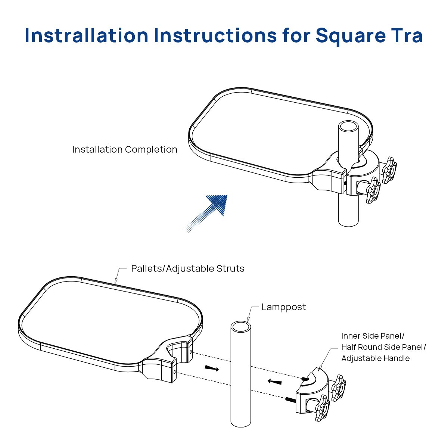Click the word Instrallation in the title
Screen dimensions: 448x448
click(87, 35)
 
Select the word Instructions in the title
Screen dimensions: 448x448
click(215, 35)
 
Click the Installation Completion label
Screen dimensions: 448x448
click(125, 149)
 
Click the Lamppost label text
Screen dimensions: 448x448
click(284, 308)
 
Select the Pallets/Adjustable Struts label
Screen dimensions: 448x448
click(188, 269)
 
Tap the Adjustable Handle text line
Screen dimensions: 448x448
click(376, 358)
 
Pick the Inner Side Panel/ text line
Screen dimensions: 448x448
click(373, 336)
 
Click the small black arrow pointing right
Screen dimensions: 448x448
click(212, 368)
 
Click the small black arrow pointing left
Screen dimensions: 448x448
click(274, 382)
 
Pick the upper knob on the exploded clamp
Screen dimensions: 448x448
click(339, 388)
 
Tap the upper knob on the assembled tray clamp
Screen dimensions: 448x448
click(389, 170)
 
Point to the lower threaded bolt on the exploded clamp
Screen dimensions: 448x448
click(291, 399)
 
